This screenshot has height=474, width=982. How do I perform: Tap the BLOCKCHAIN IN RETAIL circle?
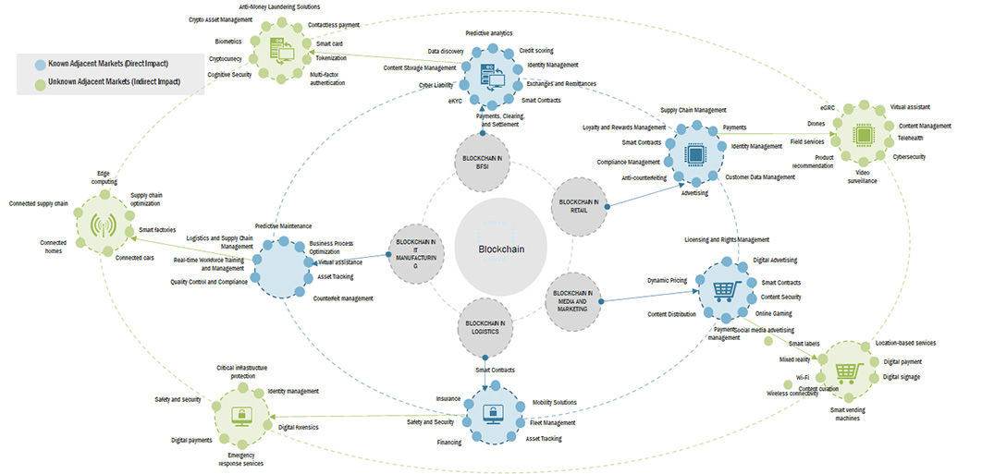coord(579,206)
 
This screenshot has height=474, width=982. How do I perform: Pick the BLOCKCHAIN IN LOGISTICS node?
coord(484,327)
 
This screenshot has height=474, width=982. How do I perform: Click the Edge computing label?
coord(104,177)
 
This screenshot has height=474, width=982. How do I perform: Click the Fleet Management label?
coord(553,422)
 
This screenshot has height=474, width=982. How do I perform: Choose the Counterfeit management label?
coord(343,298)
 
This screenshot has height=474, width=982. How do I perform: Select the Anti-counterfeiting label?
coord(645,176)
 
